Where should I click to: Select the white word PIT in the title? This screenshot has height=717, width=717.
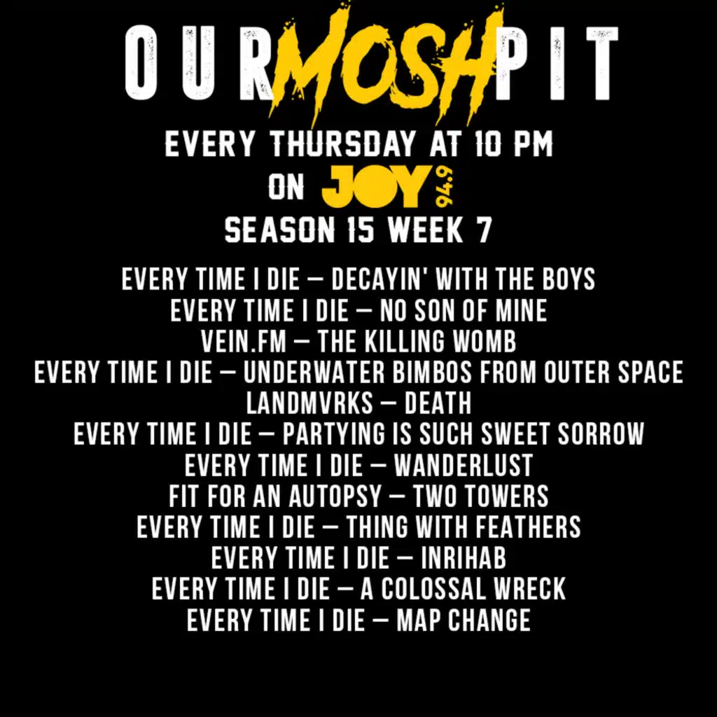[x=557, y=62]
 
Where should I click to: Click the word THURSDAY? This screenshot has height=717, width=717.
[x=343, y=144]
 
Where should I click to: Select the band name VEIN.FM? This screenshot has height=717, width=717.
[x=244, y=341]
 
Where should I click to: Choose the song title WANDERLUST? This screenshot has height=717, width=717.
[x=464, y=465]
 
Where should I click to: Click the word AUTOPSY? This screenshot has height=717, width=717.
[x=335, y=496]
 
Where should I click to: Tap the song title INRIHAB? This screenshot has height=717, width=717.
[x=464, y=558]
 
